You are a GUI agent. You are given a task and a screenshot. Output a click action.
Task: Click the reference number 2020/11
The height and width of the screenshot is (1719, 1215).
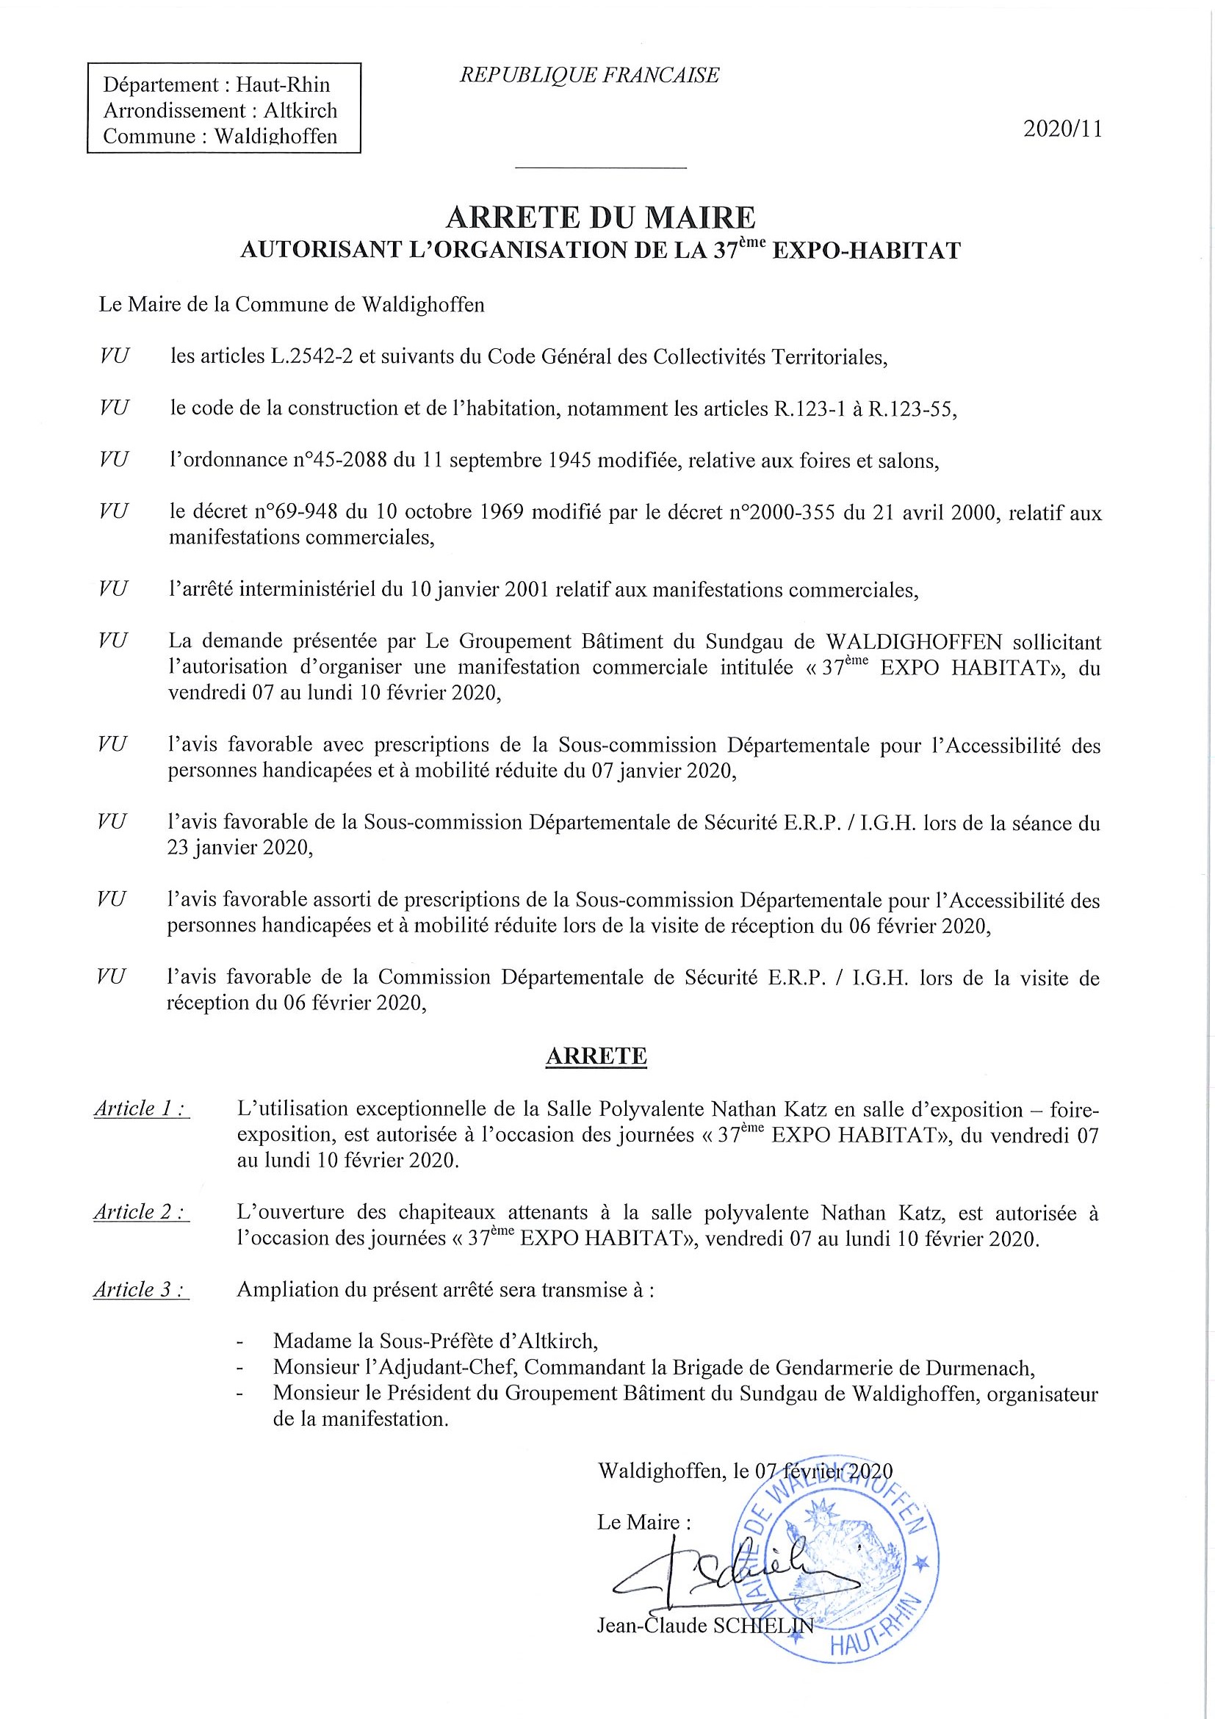[x=1062, y=129]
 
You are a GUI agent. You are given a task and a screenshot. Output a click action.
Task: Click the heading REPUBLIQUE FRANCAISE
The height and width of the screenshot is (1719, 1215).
[x=590, y=75]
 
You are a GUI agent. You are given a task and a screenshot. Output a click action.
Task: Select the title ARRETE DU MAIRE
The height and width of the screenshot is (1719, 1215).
[x=600, y=217]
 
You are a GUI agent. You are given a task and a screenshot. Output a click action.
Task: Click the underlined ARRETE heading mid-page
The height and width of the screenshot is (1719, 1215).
[x=596, y=1056]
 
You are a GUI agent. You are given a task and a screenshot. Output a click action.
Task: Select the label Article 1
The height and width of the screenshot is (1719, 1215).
[x=141, y=1108]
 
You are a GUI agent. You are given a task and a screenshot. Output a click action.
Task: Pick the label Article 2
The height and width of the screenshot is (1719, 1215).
[x=141, y=1212]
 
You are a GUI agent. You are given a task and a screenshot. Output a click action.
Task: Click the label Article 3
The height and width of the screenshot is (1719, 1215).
[x=141, y=1289]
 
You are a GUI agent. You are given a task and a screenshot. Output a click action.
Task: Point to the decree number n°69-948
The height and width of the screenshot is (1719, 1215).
[x=295, y=513]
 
